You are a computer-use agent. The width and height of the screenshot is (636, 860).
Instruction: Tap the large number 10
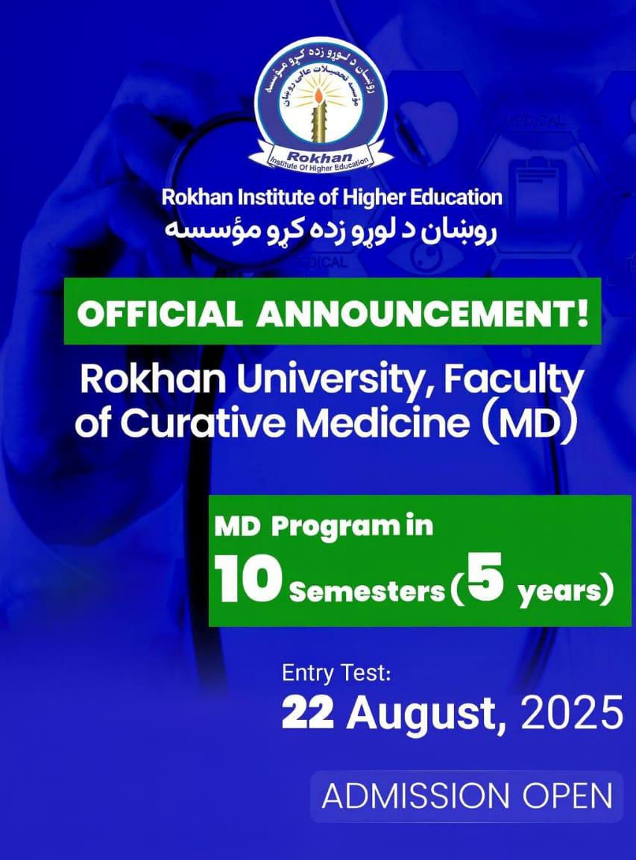point(249,581)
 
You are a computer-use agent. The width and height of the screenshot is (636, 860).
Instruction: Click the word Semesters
point(366,593)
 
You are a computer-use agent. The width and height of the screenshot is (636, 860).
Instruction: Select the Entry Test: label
point(336,674)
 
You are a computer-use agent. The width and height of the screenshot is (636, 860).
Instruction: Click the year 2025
point(571,714)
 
